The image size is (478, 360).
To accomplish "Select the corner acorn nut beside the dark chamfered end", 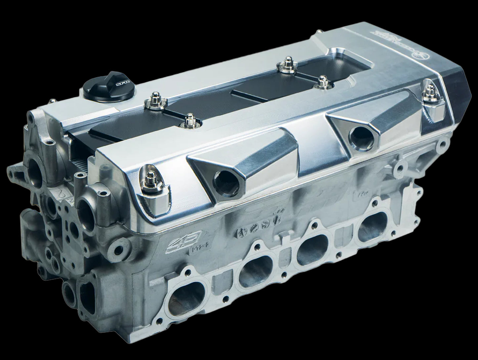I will click(x=430, y=92).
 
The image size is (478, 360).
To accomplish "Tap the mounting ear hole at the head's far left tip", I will click(x=12, y=172).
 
